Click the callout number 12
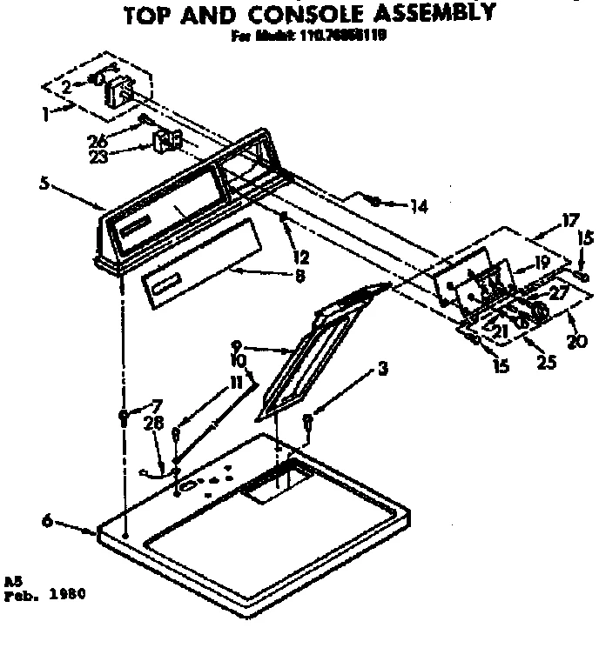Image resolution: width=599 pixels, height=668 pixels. coord(301,232)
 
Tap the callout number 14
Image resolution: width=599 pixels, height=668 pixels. coord(420,207)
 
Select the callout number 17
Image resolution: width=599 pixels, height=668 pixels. coord(569,221)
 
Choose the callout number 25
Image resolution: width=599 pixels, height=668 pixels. coord(548,363)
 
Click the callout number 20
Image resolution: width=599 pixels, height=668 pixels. coord(576,340)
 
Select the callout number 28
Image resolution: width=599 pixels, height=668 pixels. coord(154,423)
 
